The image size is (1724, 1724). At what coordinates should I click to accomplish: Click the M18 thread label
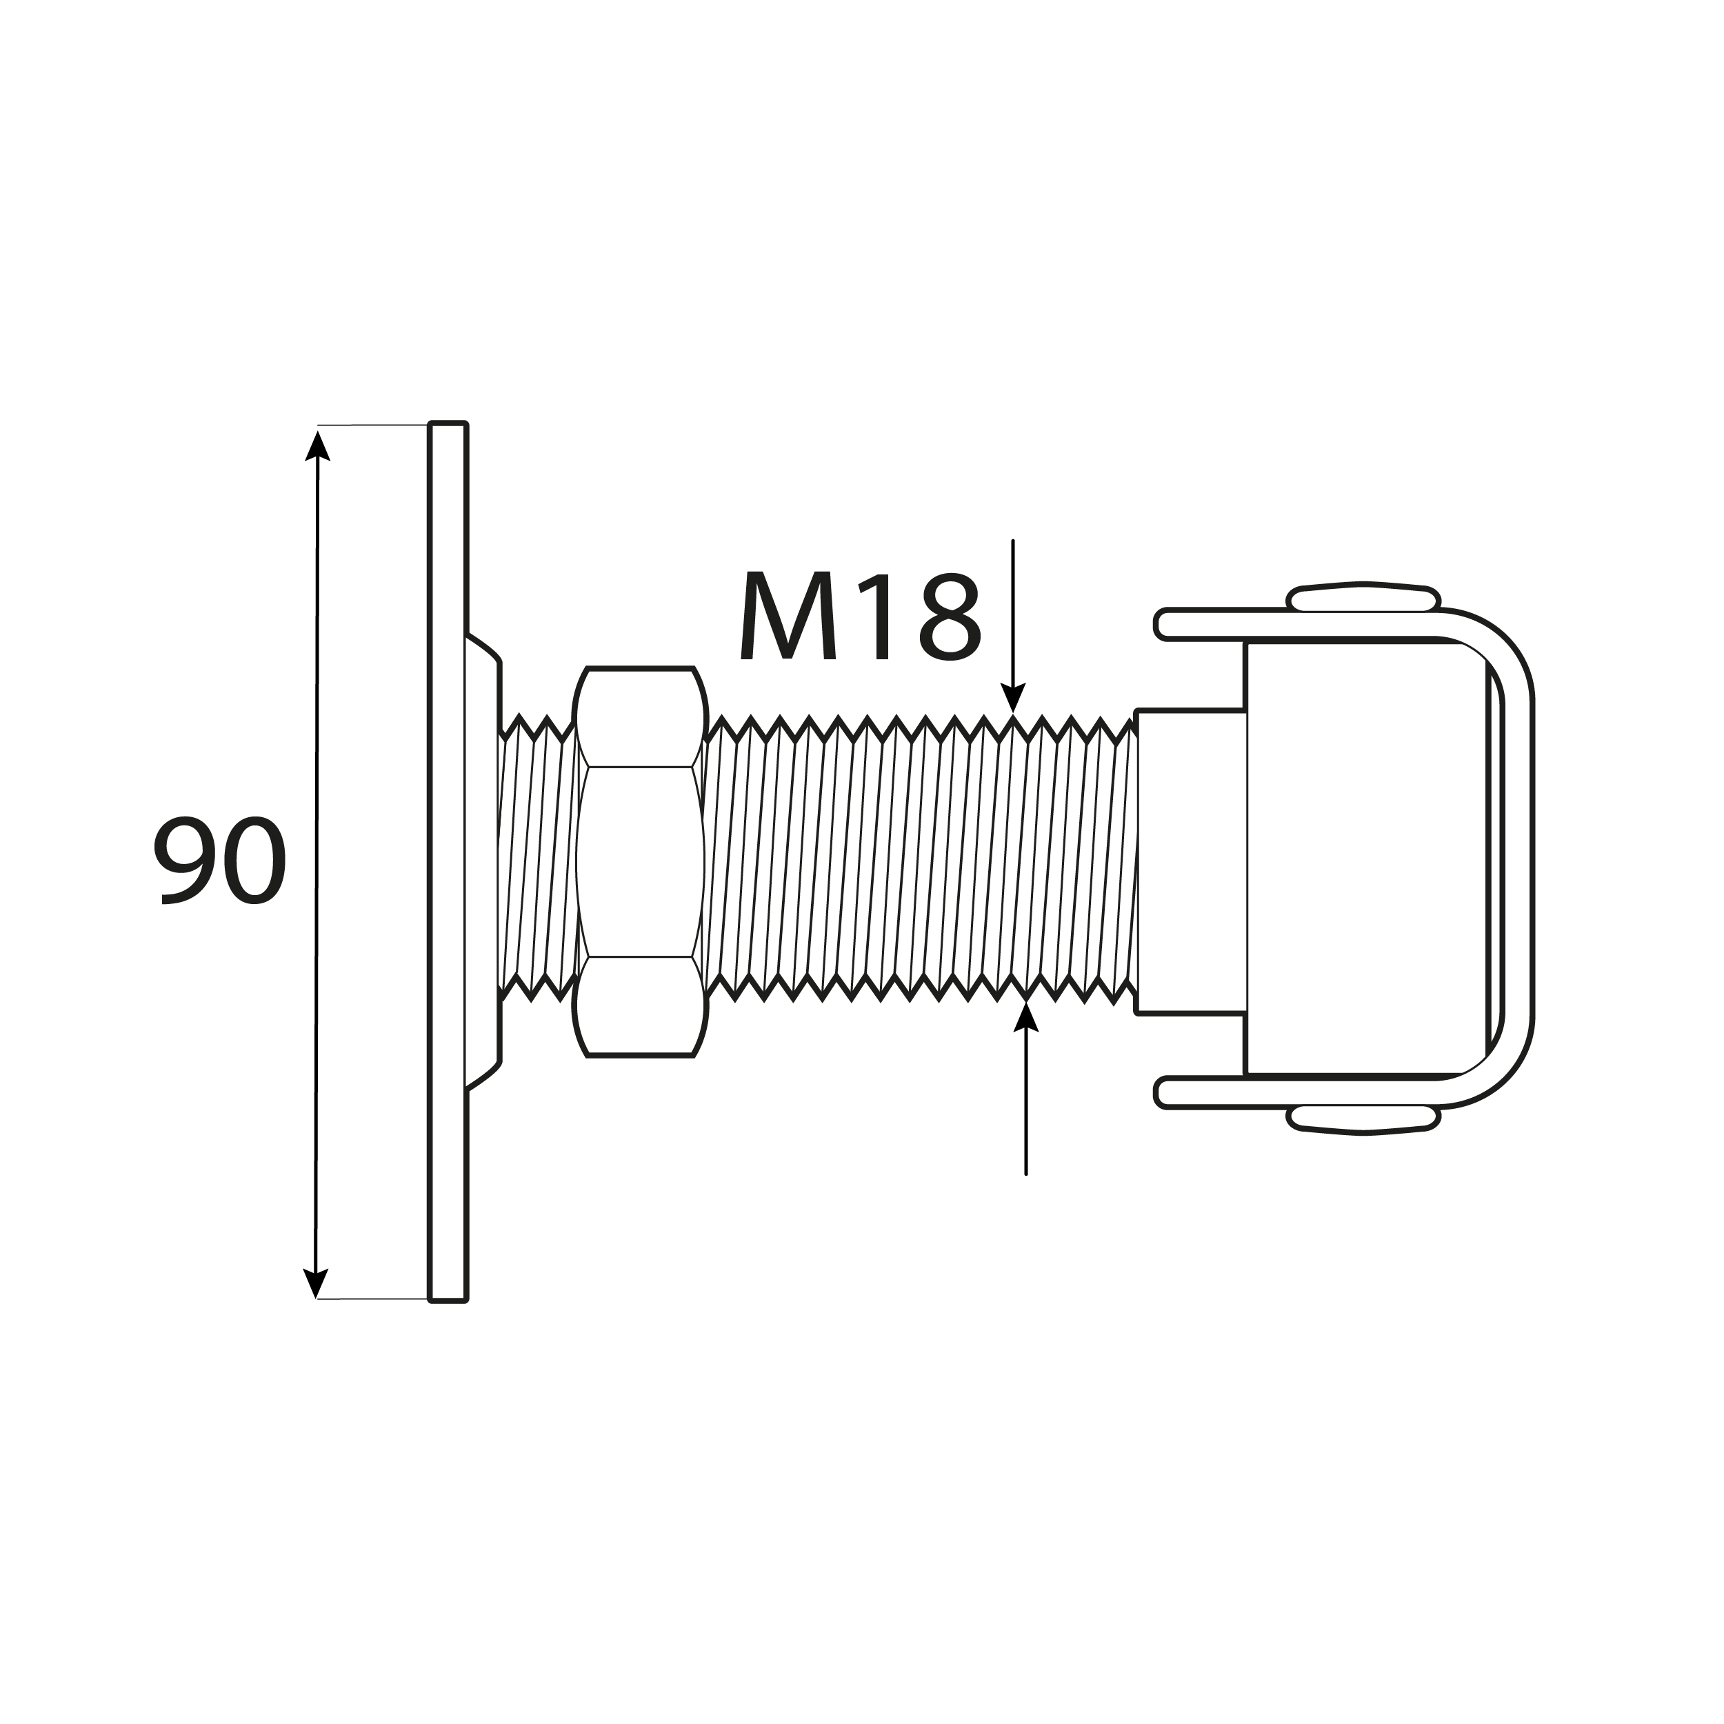(860, 617)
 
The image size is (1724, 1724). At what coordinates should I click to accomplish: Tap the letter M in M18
(788, 617)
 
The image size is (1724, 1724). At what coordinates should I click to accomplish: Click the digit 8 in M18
(950, 617)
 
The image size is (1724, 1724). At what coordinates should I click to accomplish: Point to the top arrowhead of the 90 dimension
(318, 446)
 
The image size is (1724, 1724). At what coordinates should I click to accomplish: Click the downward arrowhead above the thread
(1013, 698)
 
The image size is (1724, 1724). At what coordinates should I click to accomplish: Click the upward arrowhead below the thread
(1026, 1016)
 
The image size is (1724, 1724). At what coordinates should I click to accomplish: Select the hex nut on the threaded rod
(640, 861)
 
